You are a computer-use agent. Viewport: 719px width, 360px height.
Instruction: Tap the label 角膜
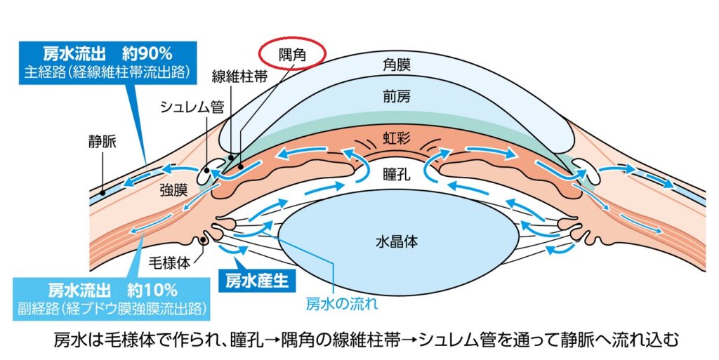pos(397,65)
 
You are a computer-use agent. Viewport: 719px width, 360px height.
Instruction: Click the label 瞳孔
pos(397,173)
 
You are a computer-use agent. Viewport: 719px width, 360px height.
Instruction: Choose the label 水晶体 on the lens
pos(397,241)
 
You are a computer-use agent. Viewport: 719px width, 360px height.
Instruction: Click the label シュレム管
pos(192,107)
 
